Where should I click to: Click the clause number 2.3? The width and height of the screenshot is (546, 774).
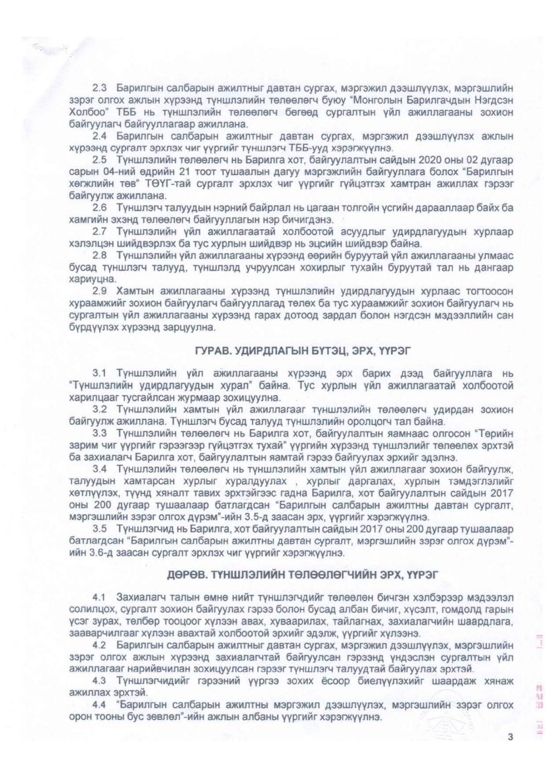(x=100, y=89)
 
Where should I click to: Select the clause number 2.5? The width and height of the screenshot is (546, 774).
(x=100, y=160)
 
